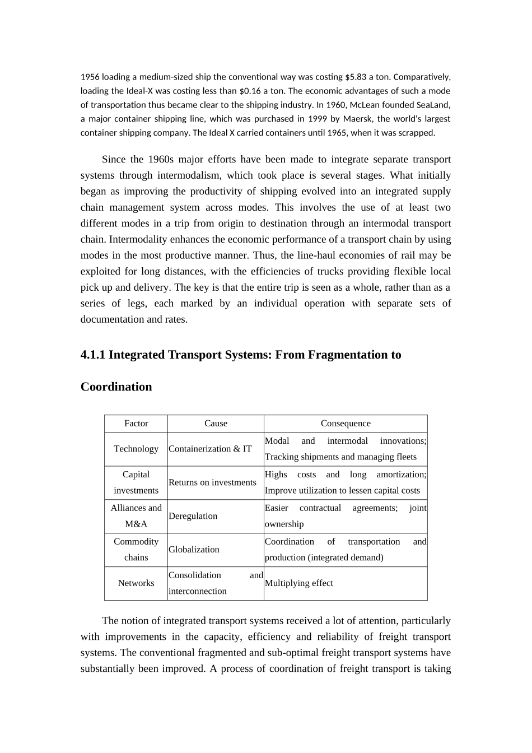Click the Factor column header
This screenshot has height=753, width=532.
coord(136,424)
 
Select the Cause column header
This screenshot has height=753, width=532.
coord(216,424)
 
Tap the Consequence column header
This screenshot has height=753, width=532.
coord(346,424)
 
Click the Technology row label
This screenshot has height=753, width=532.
coord(136,449)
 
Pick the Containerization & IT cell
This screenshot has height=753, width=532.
coord(210,449)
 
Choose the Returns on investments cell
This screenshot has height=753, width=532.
coord(212,482)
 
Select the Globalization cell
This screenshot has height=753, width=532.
coord(194,550)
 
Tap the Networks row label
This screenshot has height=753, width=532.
coord(136,583)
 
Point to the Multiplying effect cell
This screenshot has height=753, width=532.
coord(298,583)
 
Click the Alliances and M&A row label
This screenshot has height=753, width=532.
coord(136,516)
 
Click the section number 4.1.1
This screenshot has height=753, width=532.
coord(94,355)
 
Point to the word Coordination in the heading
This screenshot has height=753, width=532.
coord(116,387)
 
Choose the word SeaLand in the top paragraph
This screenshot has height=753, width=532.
coord(433,105)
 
